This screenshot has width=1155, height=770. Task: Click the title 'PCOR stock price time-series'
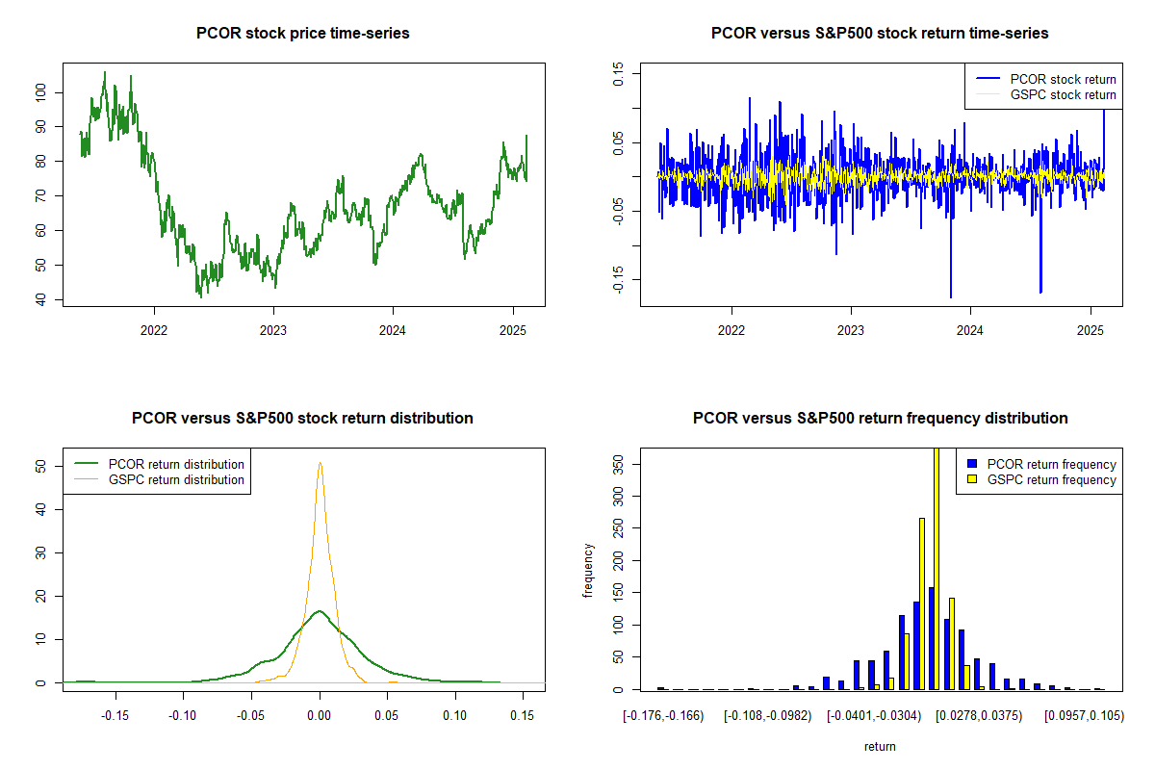pos(302,34)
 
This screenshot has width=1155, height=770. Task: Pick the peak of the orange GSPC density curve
pos(320,463)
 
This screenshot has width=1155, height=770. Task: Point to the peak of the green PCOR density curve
pos(320,610)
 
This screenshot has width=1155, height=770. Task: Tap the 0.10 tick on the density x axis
pos(455,716)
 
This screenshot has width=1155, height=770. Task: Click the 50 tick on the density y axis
pos(42,466)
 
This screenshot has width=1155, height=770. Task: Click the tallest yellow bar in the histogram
pos(937,568)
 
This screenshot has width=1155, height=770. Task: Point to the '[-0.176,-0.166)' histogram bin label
pos(663,716)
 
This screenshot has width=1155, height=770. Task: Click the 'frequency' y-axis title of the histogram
pos(589,570)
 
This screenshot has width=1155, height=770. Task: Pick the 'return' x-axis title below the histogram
pos(880,746)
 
